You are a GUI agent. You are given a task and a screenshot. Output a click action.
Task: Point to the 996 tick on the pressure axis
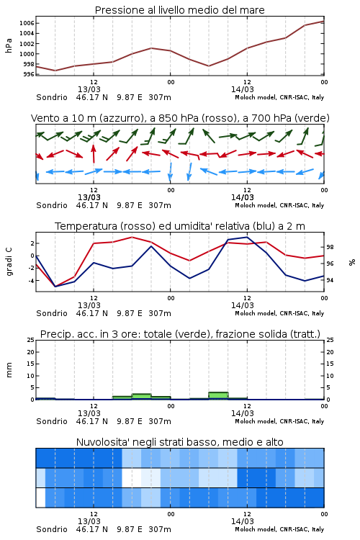tap(29, 74)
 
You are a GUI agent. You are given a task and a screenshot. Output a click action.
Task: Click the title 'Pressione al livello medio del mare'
tap(180, 10)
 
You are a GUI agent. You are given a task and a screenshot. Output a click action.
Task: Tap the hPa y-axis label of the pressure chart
tap(9, 45)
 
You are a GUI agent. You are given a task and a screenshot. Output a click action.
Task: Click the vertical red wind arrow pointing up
tap(93, 153)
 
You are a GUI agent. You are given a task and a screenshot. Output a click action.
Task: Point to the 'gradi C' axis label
tap(9, 262)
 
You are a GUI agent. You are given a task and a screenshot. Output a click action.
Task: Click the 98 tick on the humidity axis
tap(330, 247)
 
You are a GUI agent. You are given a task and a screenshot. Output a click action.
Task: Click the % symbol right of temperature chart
tap(352, 262)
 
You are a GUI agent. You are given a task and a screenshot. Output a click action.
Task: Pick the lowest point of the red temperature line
tap(55, 287)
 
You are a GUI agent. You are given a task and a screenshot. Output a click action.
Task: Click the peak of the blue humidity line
tap(247, 237)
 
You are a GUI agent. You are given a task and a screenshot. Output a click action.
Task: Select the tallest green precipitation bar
tap(218, 396)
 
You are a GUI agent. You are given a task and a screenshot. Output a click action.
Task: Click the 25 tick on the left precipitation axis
tap(31, 340)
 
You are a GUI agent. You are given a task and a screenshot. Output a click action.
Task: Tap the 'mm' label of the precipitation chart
tap(9, 370)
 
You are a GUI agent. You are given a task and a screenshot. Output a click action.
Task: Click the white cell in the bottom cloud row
tap(40, 498)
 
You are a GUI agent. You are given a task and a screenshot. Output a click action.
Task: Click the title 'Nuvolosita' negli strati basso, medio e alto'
tap(180, 442)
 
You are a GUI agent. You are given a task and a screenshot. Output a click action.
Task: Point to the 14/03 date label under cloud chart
tap(243, 521)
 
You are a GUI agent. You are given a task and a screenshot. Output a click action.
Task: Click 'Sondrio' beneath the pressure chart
tap(52, 97)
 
